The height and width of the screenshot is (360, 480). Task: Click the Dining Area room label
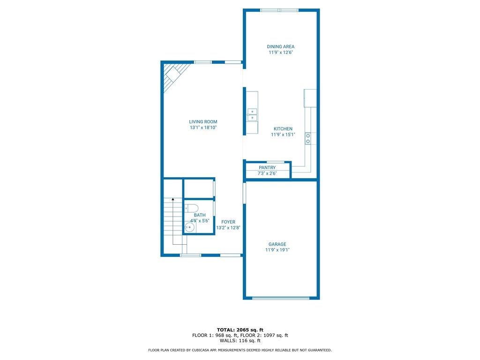(x=281, y=46)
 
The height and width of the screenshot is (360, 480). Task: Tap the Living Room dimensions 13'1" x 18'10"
(x=203, y=127)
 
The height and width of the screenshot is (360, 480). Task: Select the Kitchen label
(x=283, y=129)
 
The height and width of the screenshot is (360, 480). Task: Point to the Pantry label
(x=267, y=167)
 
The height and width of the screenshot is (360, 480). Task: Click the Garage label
(x=277, y=244)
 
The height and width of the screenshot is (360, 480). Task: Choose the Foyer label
(x=228, y=222)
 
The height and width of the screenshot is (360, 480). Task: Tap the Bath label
(x=200, y=215)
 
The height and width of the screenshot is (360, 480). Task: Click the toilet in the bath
(x=192, y=208)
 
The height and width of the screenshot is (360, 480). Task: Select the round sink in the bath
(x=189, y=227)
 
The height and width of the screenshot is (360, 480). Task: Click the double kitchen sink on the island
(x=252, y=114)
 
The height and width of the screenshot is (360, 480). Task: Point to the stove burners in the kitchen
(x=308, y=138)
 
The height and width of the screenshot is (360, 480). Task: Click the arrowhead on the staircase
(x=173, y=199)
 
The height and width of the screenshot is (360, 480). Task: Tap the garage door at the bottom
(x=281, y=298)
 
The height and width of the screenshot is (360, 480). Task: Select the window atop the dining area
(x=279, y=10)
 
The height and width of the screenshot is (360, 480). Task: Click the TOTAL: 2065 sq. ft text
(x=240, y=330)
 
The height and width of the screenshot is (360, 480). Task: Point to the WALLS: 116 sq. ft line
(x=240, y=341)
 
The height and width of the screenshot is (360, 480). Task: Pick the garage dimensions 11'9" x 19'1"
(x=277, y=250)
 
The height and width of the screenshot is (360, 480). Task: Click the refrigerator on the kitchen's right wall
(x=310, y=97)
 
